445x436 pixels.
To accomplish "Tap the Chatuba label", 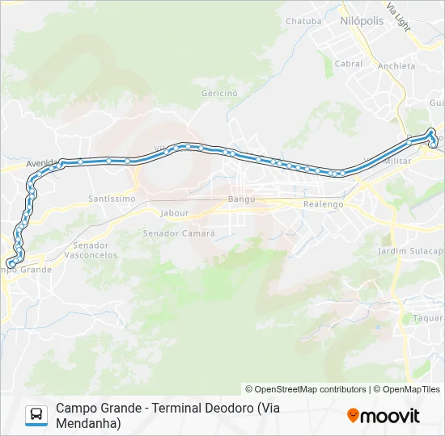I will point(303,21).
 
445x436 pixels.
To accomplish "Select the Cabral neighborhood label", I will point(349,64).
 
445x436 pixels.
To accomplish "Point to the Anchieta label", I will point(397,67).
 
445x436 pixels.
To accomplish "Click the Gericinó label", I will point(219,93).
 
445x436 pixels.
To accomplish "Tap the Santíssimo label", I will point(112,198).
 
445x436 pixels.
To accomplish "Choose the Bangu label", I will point(241,199).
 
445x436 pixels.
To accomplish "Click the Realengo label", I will point(323,204).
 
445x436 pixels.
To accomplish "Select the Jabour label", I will point(175,213).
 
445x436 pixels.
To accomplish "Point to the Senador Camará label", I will point(179,233).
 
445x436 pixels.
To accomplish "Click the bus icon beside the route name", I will point(36,415).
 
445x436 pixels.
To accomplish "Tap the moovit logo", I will point(384,416).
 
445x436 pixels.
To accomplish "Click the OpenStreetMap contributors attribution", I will point(306,389).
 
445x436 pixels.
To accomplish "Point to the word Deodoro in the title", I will point(222,408).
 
